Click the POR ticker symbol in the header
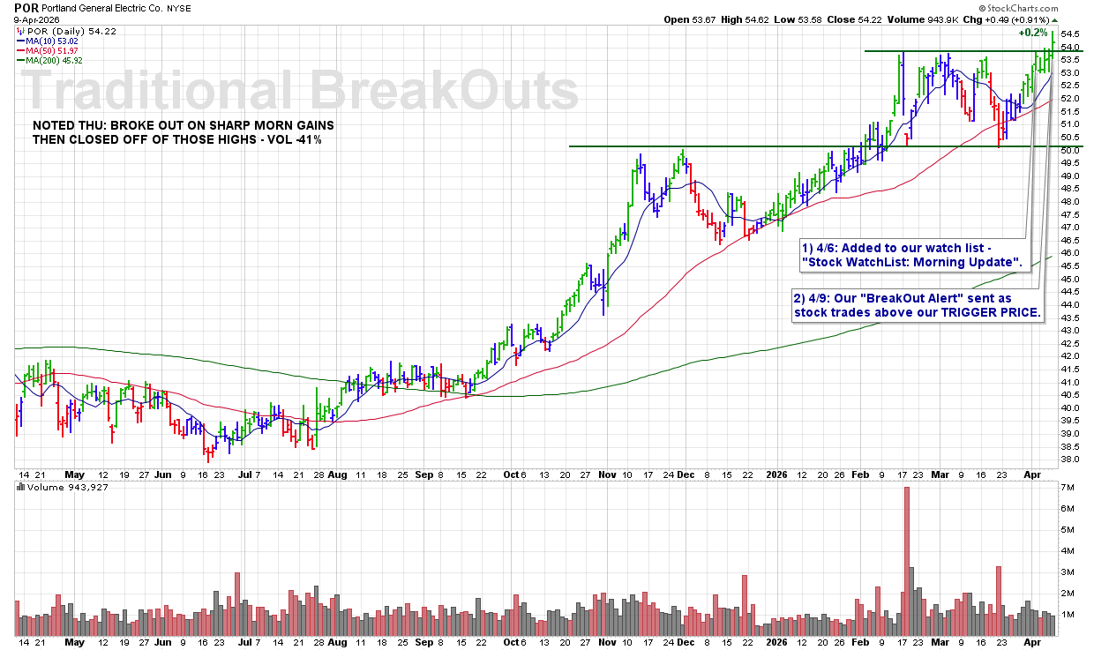point(15,7)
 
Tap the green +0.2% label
point(1032,33)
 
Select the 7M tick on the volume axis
point(1067,488)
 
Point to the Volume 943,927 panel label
point(55,487)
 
